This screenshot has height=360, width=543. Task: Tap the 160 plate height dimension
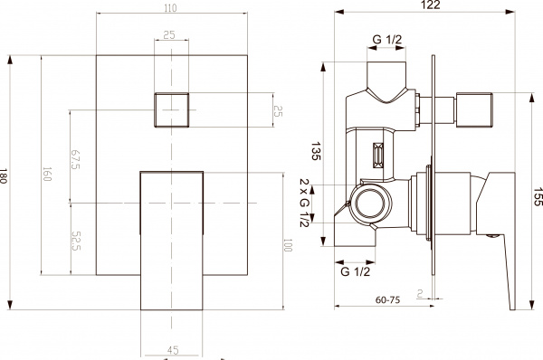click(x=47, y=175)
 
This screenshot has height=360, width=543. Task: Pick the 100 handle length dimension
click(x=288, y=244)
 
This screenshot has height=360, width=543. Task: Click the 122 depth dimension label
click(x=432, y=6)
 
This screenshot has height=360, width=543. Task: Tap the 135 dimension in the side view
click(x=317, y=151)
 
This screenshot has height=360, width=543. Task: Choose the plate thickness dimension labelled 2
click(x=422, y=292)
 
